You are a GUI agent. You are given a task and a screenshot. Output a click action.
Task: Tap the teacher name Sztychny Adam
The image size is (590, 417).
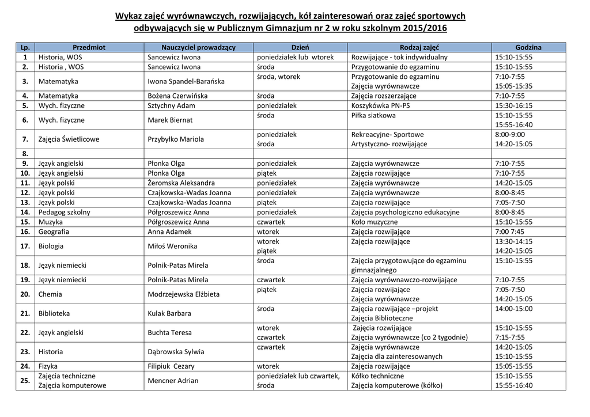click(x=171, y=105)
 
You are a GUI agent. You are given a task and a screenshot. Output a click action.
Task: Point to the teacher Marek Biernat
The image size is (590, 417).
click(x=171, y=120)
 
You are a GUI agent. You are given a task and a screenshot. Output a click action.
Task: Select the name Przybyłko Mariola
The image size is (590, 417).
click(x=176, y=139)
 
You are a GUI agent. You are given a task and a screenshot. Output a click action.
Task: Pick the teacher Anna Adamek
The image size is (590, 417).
click(x=171, y=232)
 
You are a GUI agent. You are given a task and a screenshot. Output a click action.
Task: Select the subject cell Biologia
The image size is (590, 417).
click(x=51, y=246)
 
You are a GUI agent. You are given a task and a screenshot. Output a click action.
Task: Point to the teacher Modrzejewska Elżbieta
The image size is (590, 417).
click(x=183, y=294)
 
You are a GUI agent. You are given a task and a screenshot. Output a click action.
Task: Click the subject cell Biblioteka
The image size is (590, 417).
click(x=54, y=313)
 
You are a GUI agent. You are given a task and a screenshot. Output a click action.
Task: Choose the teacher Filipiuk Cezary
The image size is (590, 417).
click(x=171, y=366)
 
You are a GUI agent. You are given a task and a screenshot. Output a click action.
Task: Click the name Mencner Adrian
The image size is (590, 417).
click(x=173, y=381)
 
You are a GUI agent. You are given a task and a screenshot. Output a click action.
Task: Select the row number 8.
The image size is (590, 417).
click(x=25, y=154)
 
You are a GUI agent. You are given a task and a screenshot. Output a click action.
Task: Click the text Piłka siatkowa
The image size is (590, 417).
click(x=373, y=115)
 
